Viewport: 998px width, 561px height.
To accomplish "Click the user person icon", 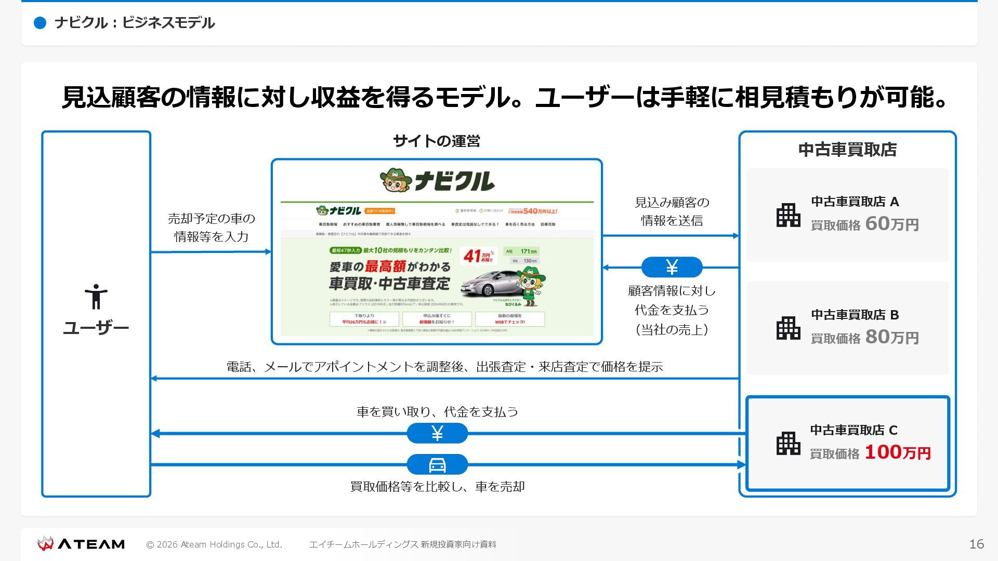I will (96, 297).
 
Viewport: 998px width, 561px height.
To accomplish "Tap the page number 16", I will (976, 544).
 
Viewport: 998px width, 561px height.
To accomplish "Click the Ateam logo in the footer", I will (81, 544).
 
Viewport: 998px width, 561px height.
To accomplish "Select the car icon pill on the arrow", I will (437, 464).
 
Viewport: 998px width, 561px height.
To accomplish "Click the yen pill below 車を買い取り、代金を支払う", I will (437, 433).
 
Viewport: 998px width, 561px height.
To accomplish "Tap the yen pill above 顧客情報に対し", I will (672, 267).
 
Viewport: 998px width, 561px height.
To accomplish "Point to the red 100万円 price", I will (897, 452).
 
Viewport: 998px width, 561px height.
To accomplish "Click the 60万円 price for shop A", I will (891, 224).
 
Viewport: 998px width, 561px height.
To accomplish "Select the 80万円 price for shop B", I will (891, 337).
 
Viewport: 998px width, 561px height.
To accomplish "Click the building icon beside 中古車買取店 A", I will (788, 215).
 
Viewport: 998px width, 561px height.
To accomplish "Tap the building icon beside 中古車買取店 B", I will (788, 328).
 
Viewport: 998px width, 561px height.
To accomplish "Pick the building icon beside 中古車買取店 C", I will (788, 444).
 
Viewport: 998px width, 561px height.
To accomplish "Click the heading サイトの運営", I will (437, 141).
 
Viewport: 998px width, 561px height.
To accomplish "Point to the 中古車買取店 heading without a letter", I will (847, 150).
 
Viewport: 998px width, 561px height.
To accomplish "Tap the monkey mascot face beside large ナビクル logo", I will (396, 181).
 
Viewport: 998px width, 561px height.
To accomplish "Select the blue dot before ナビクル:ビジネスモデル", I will (40, 23).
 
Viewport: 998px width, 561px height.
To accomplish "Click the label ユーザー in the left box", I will (96, 328).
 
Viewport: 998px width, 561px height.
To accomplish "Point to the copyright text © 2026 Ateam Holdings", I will (214, 544).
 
